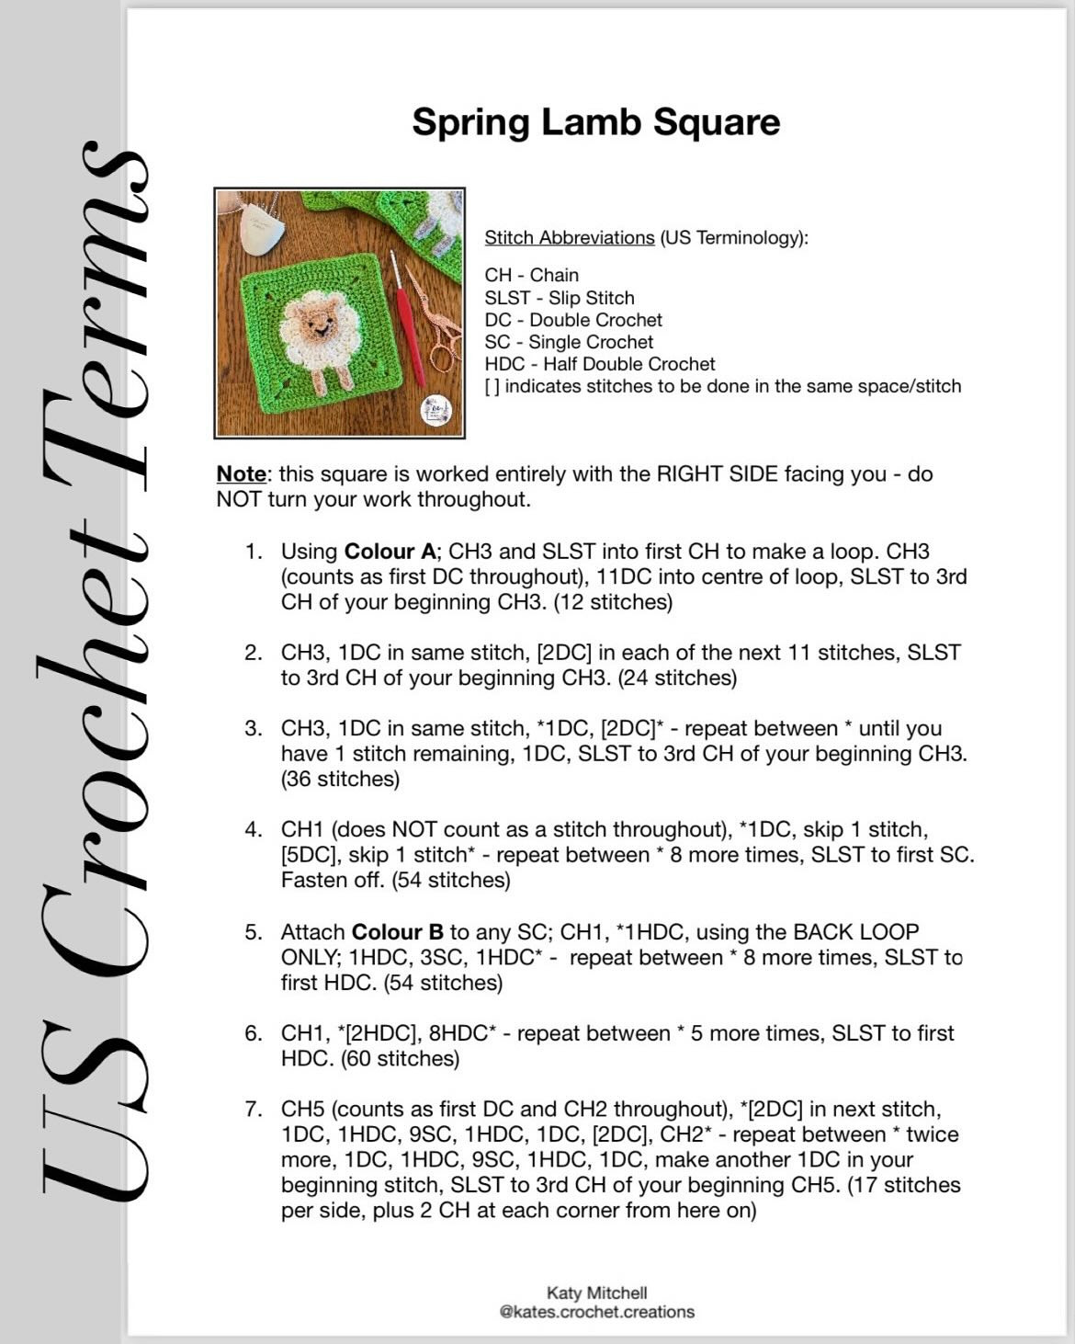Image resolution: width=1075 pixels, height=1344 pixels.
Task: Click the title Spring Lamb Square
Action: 595,122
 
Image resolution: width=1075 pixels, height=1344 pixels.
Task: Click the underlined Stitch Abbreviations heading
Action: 570,237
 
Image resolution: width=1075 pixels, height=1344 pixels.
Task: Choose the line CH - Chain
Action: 532,275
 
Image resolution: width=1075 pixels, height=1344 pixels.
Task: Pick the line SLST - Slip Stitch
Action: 560,298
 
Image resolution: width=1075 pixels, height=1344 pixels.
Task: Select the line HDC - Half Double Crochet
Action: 600,364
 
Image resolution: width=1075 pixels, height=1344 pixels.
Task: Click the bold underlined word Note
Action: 241,474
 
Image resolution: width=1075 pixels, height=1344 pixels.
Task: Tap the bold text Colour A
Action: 390,552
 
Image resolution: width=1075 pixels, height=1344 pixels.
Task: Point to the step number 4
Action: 253,829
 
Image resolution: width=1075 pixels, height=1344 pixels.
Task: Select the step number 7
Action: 253,1109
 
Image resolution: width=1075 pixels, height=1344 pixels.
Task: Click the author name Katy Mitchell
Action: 596,1293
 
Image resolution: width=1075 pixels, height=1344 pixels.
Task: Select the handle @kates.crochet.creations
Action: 596,1312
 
